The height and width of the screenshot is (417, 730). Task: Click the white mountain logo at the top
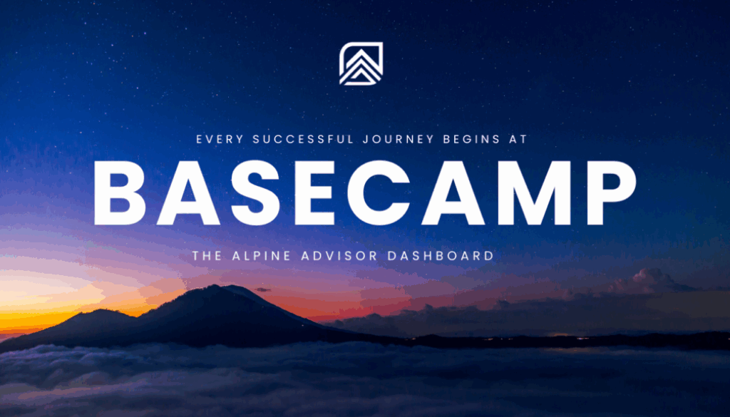pyautogui.click(x=361, y=64)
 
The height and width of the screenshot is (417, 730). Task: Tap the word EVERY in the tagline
pyautogui.click(x=215, y=140)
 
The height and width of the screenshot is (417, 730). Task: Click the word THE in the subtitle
pyautogui.click(x=207, y=255)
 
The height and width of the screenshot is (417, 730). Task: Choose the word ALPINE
pyautogui.click(x=262, y=255)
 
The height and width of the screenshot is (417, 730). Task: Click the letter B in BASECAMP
pyautogui.click(x=120, y=194)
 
